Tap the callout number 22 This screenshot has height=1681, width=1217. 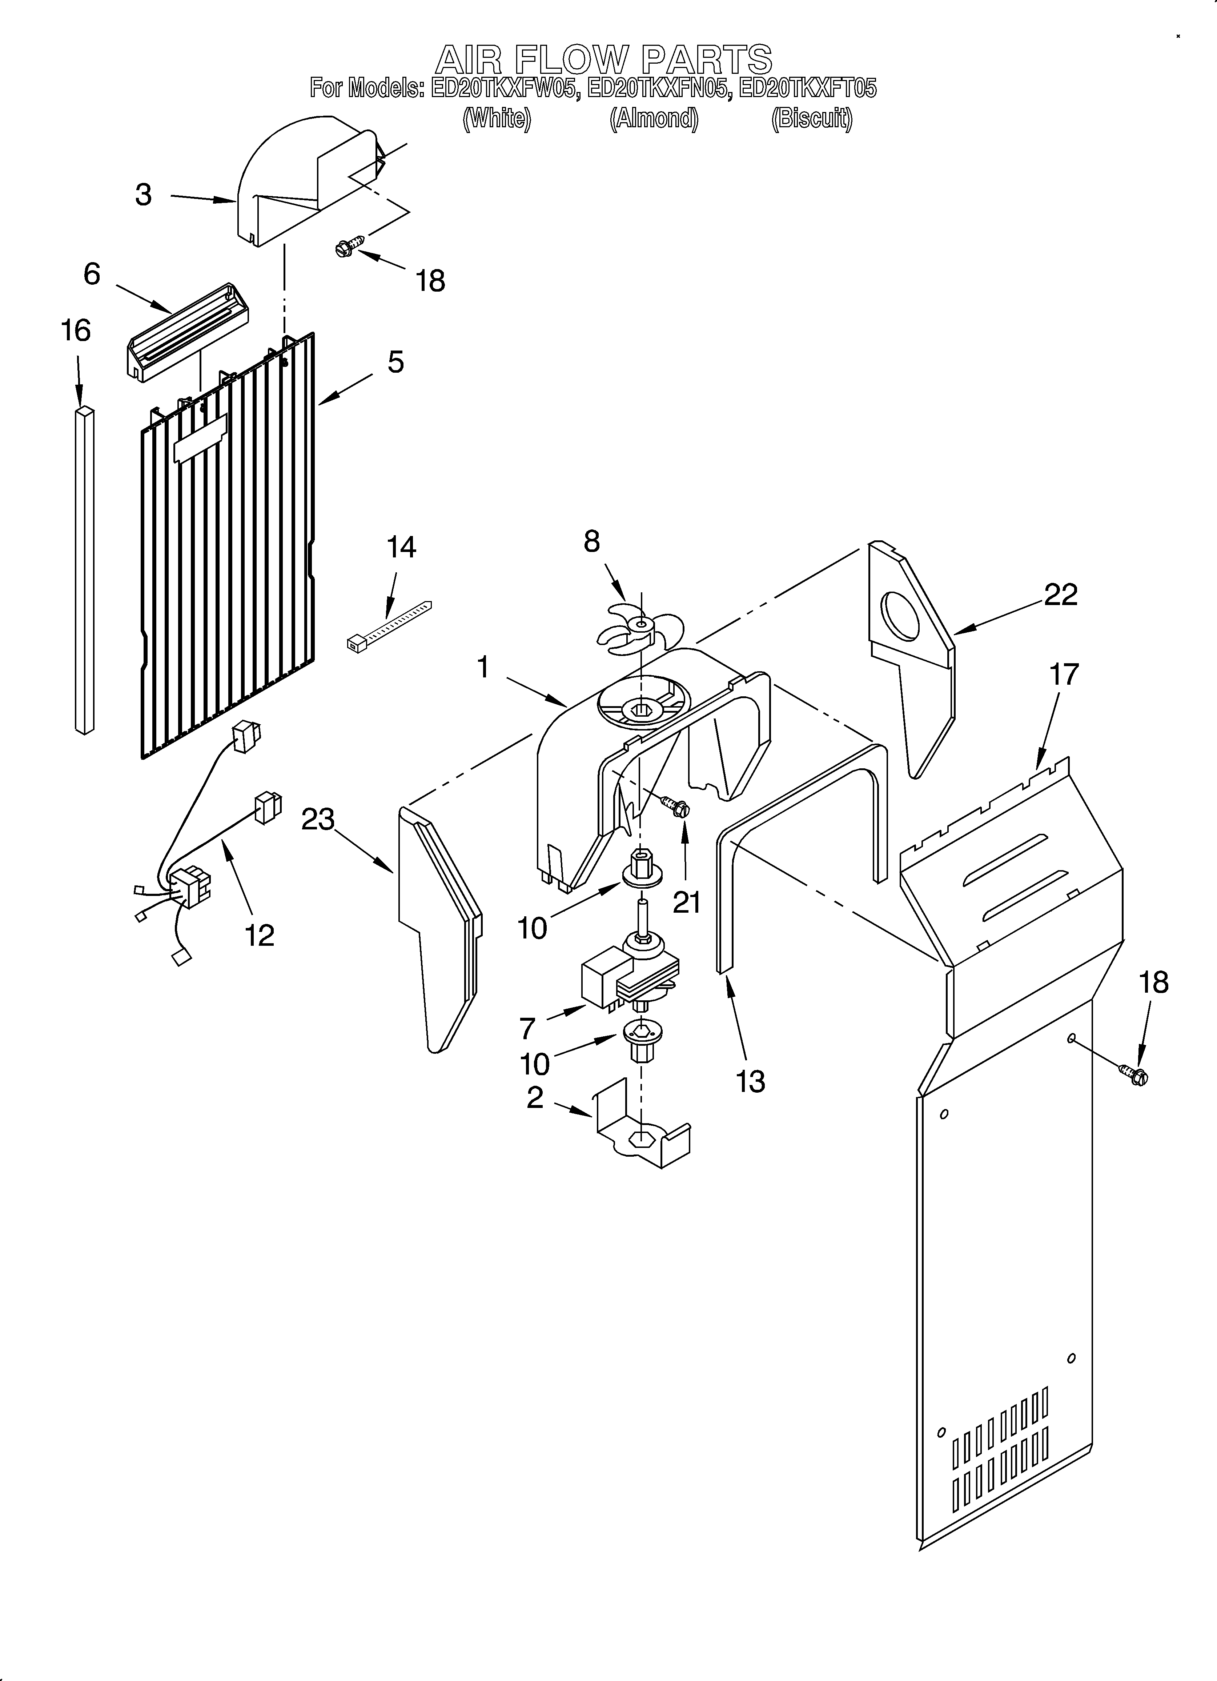[1061, 595]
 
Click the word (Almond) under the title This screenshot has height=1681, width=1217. [654, 119]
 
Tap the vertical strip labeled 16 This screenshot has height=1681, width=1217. [84, 569]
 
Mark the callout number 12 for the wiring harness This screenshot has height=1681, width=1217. [260, 935]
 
